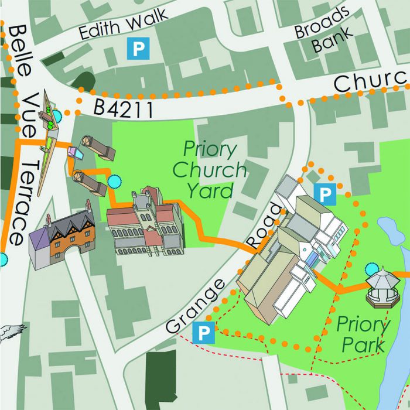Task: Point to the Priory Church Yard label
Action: click(210, 169)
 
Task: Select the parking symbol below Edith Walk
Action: click(138, 49)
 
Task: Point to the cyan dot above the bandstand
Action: click(371, 270)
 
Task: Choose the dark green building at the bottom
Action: click(160, 380)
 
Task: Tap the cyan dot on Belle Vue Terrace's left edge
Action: click(3, 259)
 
